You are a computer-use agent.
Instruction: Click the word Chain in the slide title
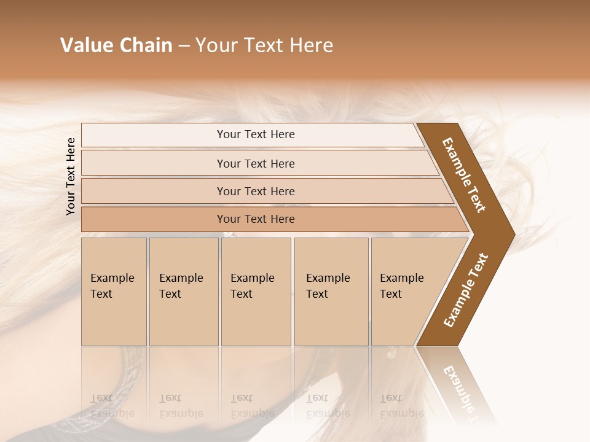(x=145, y=45)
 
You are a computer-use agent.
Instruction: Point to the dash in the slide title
(x=184, y=46)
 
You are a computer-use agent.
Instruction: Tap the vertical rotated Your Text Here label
(x=71, y=176)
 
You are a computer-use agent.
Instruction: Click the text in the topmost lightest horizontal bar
(x=256, y=134)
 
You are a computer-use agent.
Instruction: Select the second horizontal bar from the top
(x=256, y=163)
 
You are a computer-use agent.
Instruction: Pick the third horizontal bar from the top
(x=256, y=191)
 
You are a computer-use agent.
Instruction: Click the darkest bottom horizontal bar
(x=256, y=219)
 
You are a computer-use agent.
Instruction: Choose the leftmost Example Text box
(x=114, y=292)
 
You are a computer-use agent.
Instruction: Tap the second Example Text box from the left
(x=183, y=292)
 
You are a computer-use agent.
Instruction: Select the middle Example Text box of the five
(x=255, y=292)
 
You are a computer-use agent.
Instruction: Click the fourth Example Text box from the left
(x=331, y=292)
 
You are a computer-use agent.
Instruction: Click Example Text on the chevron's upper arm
(x=464, y=175)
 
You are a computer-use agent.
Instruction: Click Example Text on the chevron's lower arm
(x=466, y=290)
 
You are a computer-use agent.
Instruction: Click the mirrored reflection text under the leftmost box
(x=112, y=406)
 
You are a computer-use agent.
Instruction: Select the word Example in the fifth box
(x=402, y=278)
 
